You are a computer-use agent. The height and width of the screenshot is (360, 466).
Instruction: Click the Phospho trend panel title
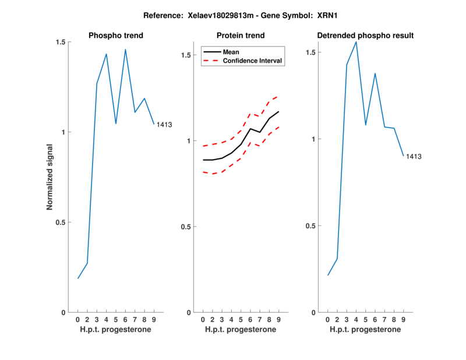(116, 36)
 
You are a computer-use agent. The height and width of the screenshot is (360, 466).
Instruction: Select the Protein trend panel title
(241, 36)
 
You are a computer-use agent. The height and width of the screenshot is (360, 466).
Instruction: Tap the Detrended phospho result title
(365, 36)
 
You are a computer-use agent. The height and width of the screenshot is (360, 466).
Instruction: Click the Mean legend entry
(231, 52)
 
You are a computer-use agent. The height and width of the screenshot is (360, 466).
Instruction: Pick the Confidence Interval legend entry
(253, 61)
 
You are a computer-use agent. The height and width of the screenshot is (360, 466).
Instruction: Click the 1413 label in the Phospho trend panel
(164, 125)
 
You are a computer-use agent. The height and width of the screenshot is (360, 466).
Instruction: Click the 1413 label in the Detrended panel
(414, 157)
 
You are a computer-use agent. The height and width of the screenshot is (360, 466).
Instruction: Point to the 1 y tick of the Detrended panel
(316, 139)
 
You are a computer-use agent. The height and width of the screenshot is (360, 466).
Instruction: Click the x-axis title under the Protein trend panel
(241, 329)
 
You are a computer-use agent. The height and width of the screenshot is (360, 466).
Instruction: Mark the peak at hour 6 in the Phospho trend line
(125, 50)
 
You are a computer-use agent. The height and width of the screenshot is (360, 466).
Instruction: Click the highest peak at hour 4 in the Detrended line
(356, 41)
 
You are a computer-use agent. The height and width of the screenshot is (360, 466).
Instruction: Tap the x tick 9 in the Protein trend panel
(278, 319)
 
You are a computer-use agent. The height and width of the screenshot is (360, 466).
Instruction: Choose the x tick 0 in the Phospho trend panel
(78, 319)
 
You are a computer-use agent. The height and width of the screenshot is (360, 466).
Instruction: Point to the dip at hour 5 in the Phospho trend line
(116, 123)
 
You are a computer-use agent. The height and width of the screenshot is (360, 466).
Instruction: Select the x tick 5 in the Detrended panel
(365, 319)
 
